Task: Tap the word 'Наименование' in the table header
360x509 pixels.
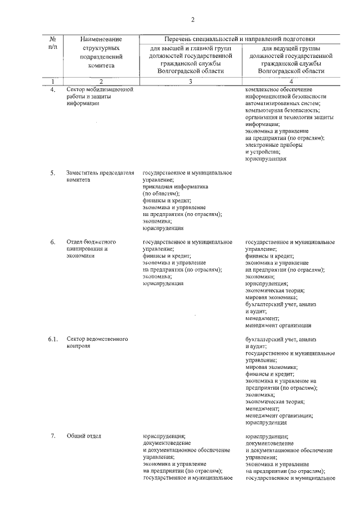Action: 101,39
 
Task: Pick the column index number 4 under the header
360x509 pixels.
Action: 291,82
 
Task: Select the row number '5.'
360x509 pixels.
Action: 52,173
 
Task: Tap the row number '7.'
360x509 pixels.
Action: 52,435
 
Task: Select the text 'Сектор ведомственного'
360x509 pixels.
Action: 97,339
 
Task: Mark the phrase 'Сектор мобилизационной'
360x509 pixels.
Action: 99,89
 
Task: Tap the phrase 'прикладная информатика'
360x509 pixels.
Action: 175,186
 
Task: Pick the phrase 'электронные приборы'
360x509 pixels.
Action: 273,145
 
